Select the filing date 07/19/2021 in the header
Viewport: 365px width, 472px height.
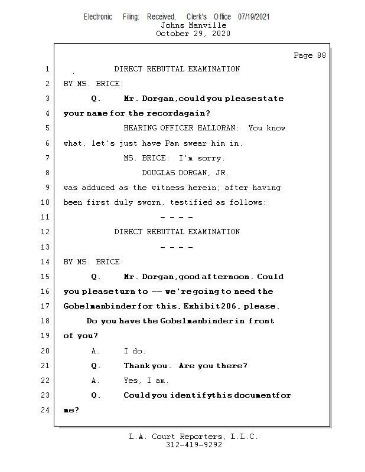click(x=254, y=17)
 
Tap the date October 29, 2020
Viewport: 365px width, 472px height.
click(x=193, y=34)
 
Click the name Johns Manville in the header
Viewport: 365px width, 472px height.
click(x=193, y=25)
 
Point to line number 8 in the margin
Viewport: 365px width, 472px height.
click(x=47, y=173)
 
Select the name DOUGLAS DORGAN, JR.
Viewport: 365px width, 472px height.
click(x=185, y=173)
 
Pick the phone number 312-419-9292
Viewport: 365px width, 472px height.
click(x=193, y=445)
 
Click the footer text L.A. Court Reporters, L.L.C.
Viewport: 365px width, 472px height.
click(x=193, y=437)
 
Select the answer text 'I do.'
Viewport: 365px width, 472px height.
click(x=135, y=351)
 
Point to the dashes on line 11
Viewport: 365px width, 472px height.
click(x=177, y=218)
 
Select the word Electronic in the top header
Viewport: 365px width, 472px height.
click(x=98, y=17)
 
